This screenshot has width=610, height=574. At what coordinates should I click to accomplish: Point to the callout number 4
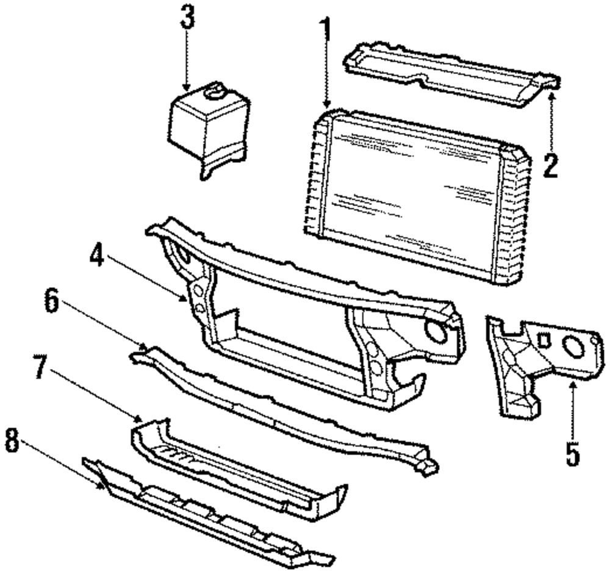pyautogui.click(x=96, y=257)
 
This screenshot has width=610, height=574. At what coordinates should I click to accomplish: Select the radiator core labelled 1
pyautogui.click(x=415, y=189)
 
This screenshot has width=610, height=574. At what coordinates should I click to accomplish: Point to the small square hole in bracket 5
pyautogui.click(x=544, y=338)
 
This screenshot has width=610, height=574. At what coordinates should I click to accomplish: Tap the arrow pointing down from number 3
pyautogui.click(x=187, y=61)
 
